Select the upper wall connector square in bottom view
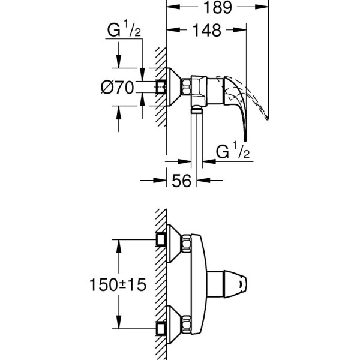[160, 239]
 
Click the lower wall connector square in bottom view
[160, 328]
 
